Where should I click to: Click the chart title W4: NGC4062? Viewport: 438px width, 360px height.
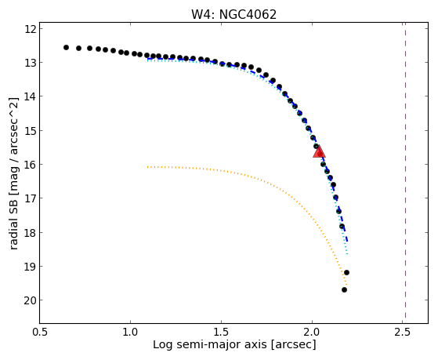point(233,14)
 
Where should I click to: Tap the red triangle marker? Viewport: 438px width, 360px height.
point(319,151)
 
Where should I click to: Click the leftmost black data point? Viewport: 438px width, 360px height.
point(66,48)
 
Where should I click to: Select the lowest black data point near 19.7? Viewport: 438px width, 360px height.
point(345,289)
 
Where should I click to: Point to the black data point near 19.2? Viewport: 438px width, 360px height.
point(346,272)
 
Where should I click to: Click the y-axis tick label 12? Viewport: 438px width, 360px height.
point(31,29)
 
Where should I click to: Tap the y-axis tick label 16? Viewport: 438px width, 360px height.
point(31,165)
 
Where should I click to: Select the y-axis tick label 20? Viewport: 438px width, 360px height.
point(31,300)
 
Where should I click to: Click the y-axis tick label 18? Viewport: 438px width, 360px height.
point(31,232)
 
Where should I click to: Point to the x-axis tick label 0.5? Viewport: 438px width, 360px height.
point(40,332)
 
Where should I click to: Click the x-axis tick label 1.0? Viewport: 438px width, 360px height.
point(130,332)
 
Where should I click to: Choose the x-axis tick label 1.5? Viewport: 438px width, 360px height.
point(221,332)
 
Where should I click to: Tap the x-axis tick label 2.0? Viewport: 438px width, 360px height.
point(312,332)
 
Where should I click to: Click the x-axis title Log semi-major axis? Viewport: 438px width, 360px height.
point(210,345)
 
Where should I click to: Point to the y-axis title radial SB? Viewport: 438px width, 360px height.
point(14,222)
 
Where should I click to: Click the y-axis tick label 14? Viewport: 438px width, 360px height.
point(31,96)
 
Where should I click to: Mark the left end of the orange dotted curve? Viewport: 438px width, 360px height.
point(147,167)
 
